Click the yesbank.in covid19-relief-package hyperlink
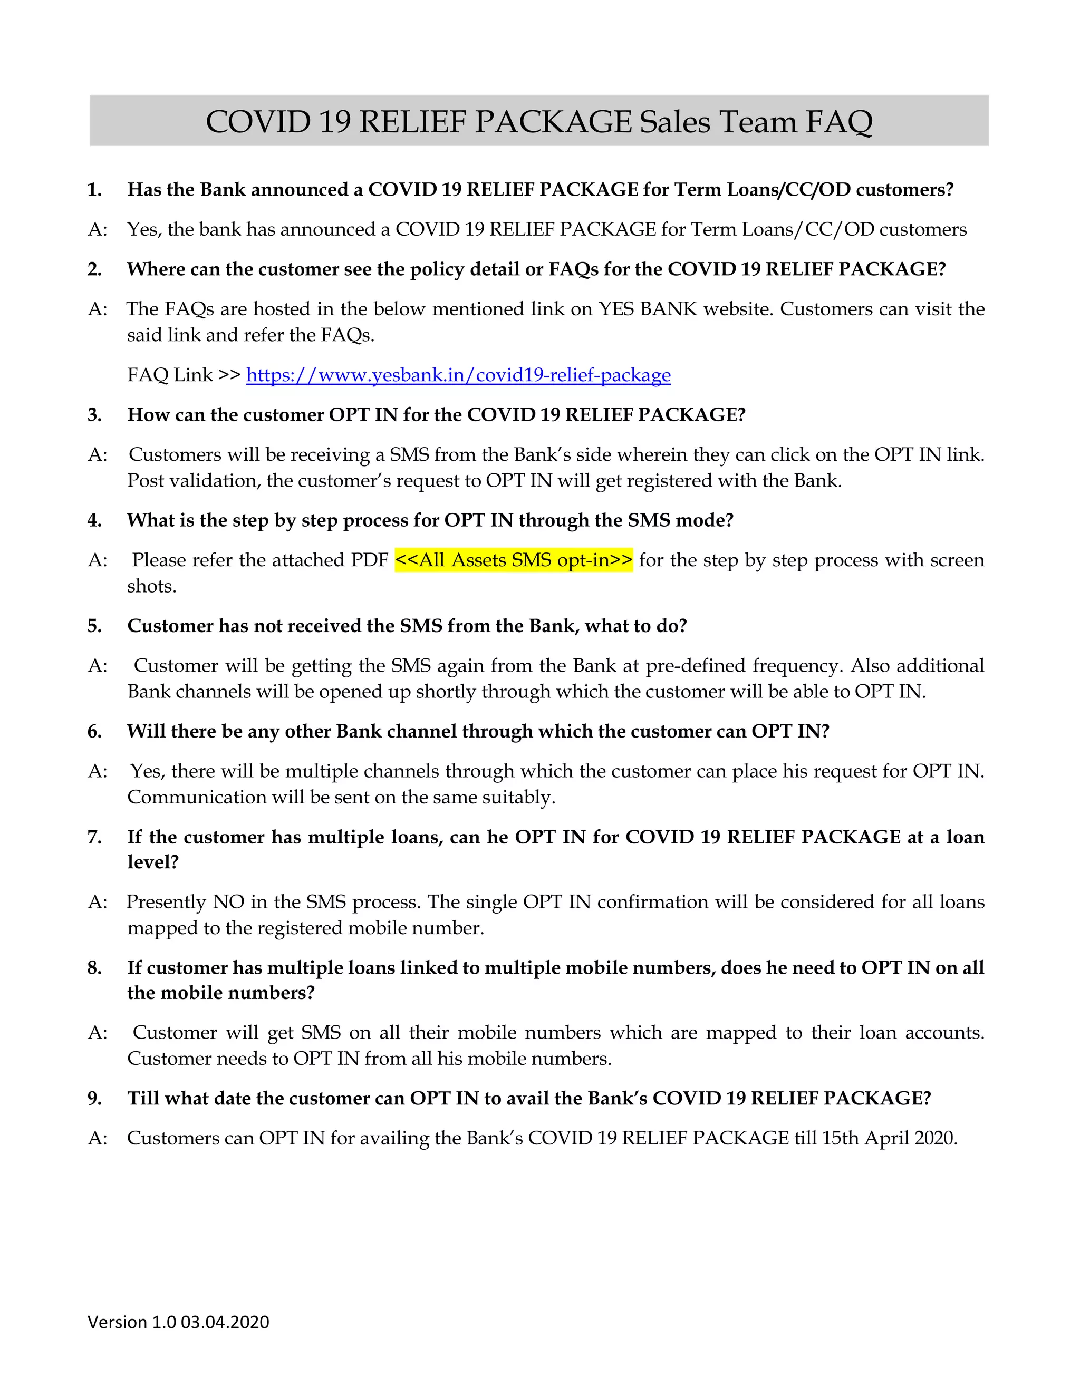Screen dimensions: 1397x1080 (458, 375)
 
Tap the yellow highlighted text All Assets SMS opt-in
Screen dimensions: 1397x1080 (513, 560)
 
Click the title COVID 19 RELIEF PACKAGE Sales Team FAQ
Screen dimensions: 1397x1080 (539, 122)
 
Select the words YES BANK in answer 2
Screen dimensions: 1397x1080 (647, 309)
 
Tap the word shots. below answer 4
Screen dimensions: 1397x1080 (152, 586)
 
